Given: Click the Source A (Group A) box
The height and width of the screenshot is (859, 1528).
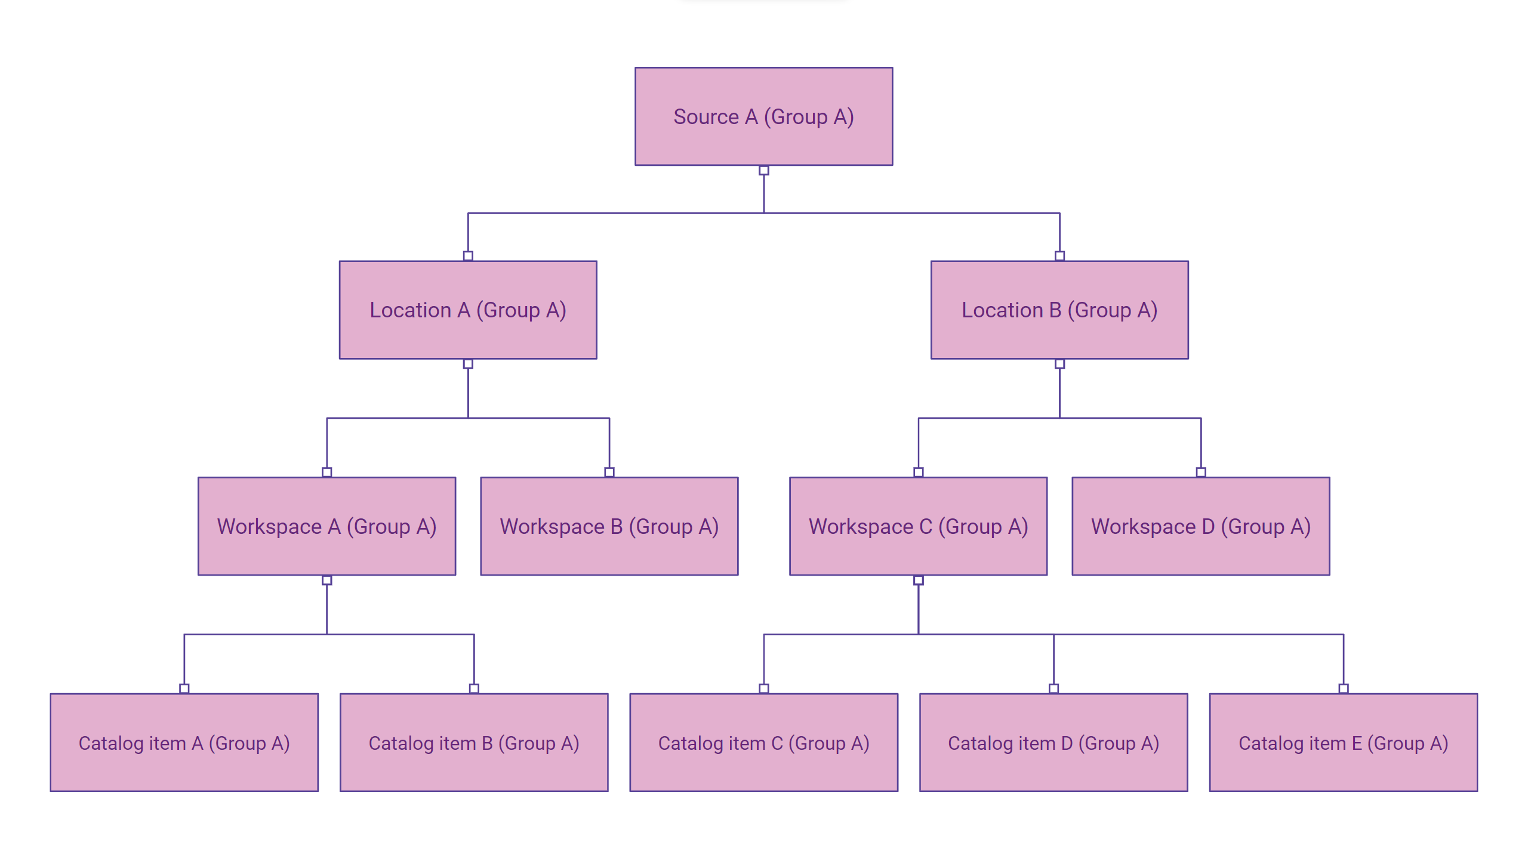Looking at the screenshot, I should point(763,116).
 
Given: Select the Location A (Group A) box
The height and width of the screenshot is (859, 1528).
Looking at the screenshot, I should point(468,310).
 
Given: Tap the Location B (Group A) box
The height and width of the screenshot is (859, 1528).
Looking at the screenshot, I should point(1059,310).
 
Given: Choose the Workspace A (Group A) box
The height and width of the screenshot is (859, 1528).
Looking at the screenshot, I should point(326,526).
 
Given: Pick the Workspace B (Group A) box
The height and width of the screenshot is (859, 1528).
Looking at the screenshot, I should point(609,526).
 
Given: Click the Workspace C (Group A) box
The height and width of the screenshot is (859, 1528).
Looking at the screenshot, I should point(918,526).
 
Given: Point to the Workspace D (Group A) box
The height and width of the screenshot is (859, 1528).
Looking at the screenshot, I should point(1200,526).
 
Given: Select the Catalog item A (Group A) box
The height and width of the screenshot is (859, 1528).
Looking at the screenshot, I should point(184,743).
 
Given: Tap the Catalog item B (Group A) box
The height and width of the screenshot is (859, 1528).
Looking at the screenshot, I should point(474,743).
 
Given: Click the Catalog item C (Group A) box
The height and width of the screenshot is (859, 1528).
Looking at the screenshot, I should point(763,743).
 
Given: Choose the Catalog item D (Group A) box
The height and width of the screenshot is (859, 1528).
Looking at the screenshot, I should point(1053,743).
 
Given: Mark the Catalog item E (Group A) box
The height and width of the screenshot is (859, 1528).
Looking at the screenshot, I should point(1343,743).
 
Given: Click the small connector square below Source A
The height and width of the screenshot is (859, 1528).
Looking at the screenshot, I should point(763,171).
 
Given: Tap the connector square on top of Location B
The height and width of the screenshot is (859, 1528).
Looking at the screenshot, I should point(1059,256).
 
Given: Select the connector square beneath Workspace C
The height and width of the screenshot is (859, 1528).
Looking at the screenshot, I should point(918,580).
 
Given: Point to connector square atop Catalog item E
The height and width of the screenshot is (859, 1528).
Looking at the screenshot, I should point(1343,688).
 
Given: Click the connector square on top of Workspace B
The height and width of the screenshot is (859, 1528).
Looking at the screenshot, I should point(609,472).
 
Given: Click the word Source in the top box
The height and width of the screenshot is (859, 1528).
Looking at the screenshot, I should point(706,117).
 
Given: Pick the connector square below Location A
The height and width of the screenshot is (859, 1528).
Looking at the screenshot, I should point(468,364).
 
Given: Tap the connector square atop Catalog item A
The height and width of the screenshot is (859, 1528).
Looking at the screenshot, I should point(184,688).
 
